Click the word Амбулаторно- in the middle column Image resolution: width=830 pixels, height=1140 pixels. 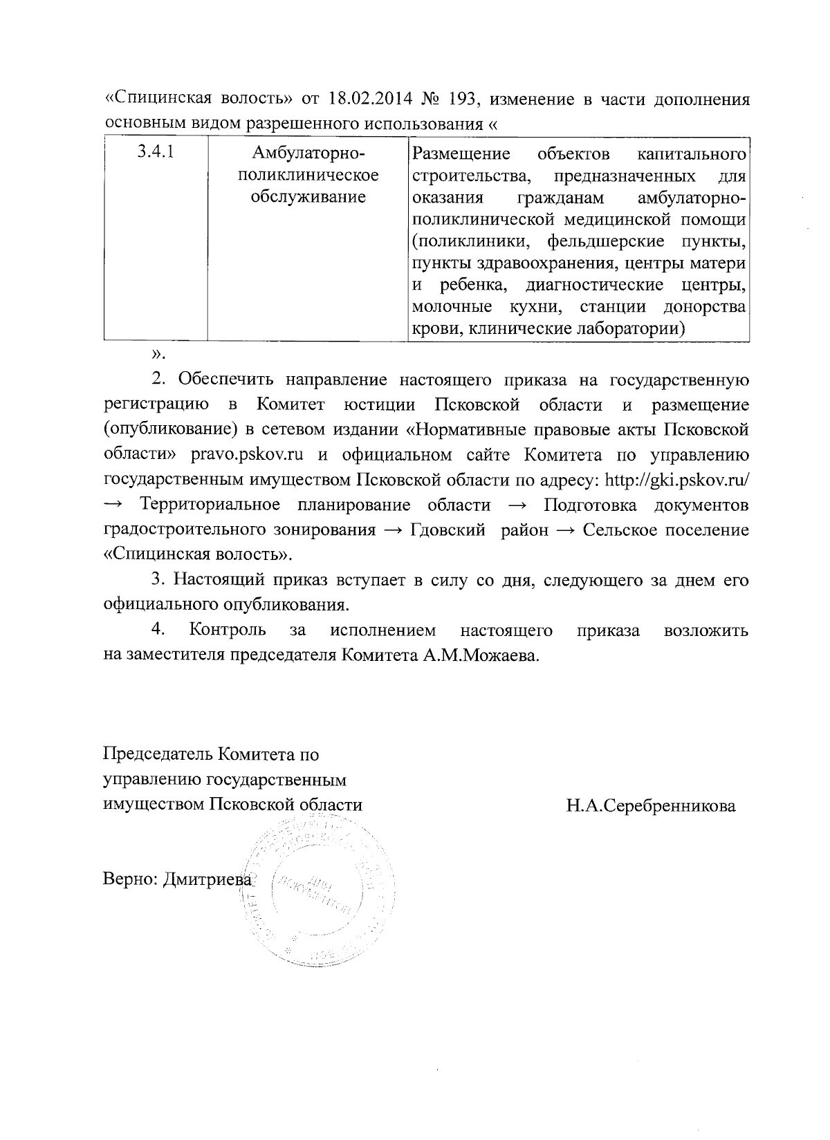click(308, 153)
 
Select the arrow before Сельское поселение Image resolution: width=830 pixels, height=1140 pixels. click(567, 531)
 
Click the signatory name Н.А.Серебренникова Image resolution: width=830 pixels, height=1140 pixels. click(650, 805)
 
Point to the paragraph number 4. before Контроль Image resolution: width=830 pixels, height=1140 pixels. click(158, 630)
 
